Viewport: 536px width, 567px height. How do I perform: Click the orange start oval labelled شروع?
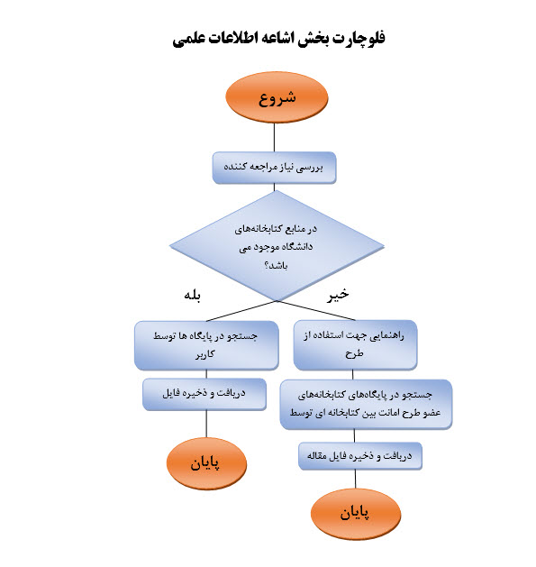coord(277,97)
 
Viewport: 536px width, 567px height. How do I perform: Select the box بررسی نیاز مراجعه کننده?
coord(274,168)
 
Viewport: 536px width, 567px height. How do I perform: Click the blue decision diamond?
coord(277,245)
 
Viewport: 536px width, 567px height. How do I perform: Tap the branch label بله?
coord(192,296)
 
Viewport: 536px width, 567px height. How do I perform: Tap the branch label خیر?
coord(338,295)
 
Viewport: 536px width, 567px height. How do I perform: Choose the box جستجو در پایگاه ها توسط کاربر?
coord(206,345)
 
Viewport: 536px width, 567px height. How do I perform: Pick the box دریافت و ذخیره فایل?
coord(204,394)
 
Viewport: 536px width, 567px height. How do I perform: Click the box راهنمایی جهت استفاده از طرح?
coord(355,344)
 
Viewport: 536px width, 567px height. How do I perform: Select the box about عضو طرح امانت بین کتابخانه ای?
coord(366,404)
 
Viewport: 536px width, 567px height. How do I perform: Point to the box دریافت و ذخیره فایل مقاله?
coord(360,455)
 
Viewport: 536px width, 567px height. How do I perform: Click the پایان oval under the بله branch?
coord(206,463)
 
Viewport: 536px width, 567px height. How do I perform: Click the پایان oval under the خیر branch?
coord(356,514)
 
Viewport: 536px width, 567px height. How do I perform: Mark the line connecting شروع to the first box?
coord(274,137)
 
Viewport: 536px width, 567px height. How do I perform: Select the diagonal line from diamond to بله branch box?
coord(241,311)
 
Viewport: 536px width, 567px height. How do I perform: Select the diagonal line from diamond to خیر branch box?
coord(316,310)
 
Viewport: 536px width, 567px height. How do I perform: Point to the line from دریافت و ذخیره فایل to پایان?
coord(206,424)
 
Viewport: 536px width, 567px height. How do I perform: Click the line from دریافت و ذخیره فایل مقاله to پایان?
coord(355,480)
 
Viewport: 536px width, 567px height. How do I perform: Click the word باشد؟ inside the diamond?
coord(276,266)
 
